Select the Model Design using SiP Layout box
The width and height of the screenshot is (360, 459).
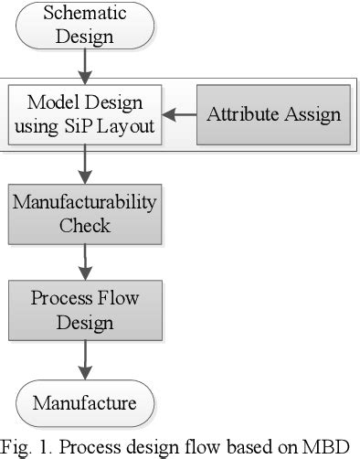85,115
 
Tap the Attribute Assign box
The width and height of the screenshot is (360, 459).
273,115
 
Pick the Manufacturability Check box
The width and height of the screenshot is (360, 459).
85,213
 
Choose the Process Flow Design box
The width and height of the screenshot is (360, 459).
85,311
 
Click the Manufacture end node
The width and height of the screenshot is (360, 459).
85,403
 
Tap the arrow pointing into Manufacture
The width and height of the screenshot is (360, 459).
85,360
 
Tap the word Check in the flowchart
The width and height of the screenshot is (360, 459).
85,224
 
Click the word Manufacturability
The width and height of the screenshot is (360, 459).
85,202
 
